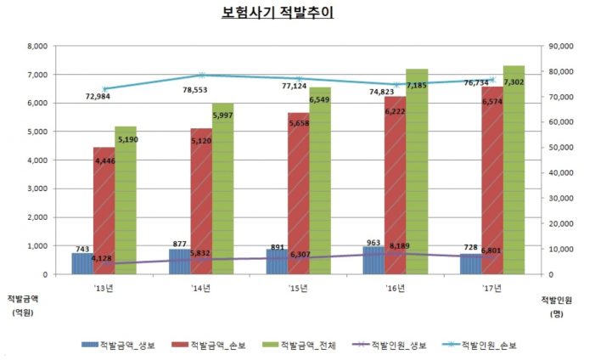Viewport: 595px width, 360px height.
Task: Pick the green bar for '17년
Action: pyautogui.click(x=513, y=170)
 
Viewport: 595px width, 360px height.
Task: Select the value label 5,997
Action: pyautogui.click(x=223, y=115)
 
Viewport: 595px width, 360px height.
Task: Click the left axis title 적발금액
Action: pyautogui.click(x=23, y=298)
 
